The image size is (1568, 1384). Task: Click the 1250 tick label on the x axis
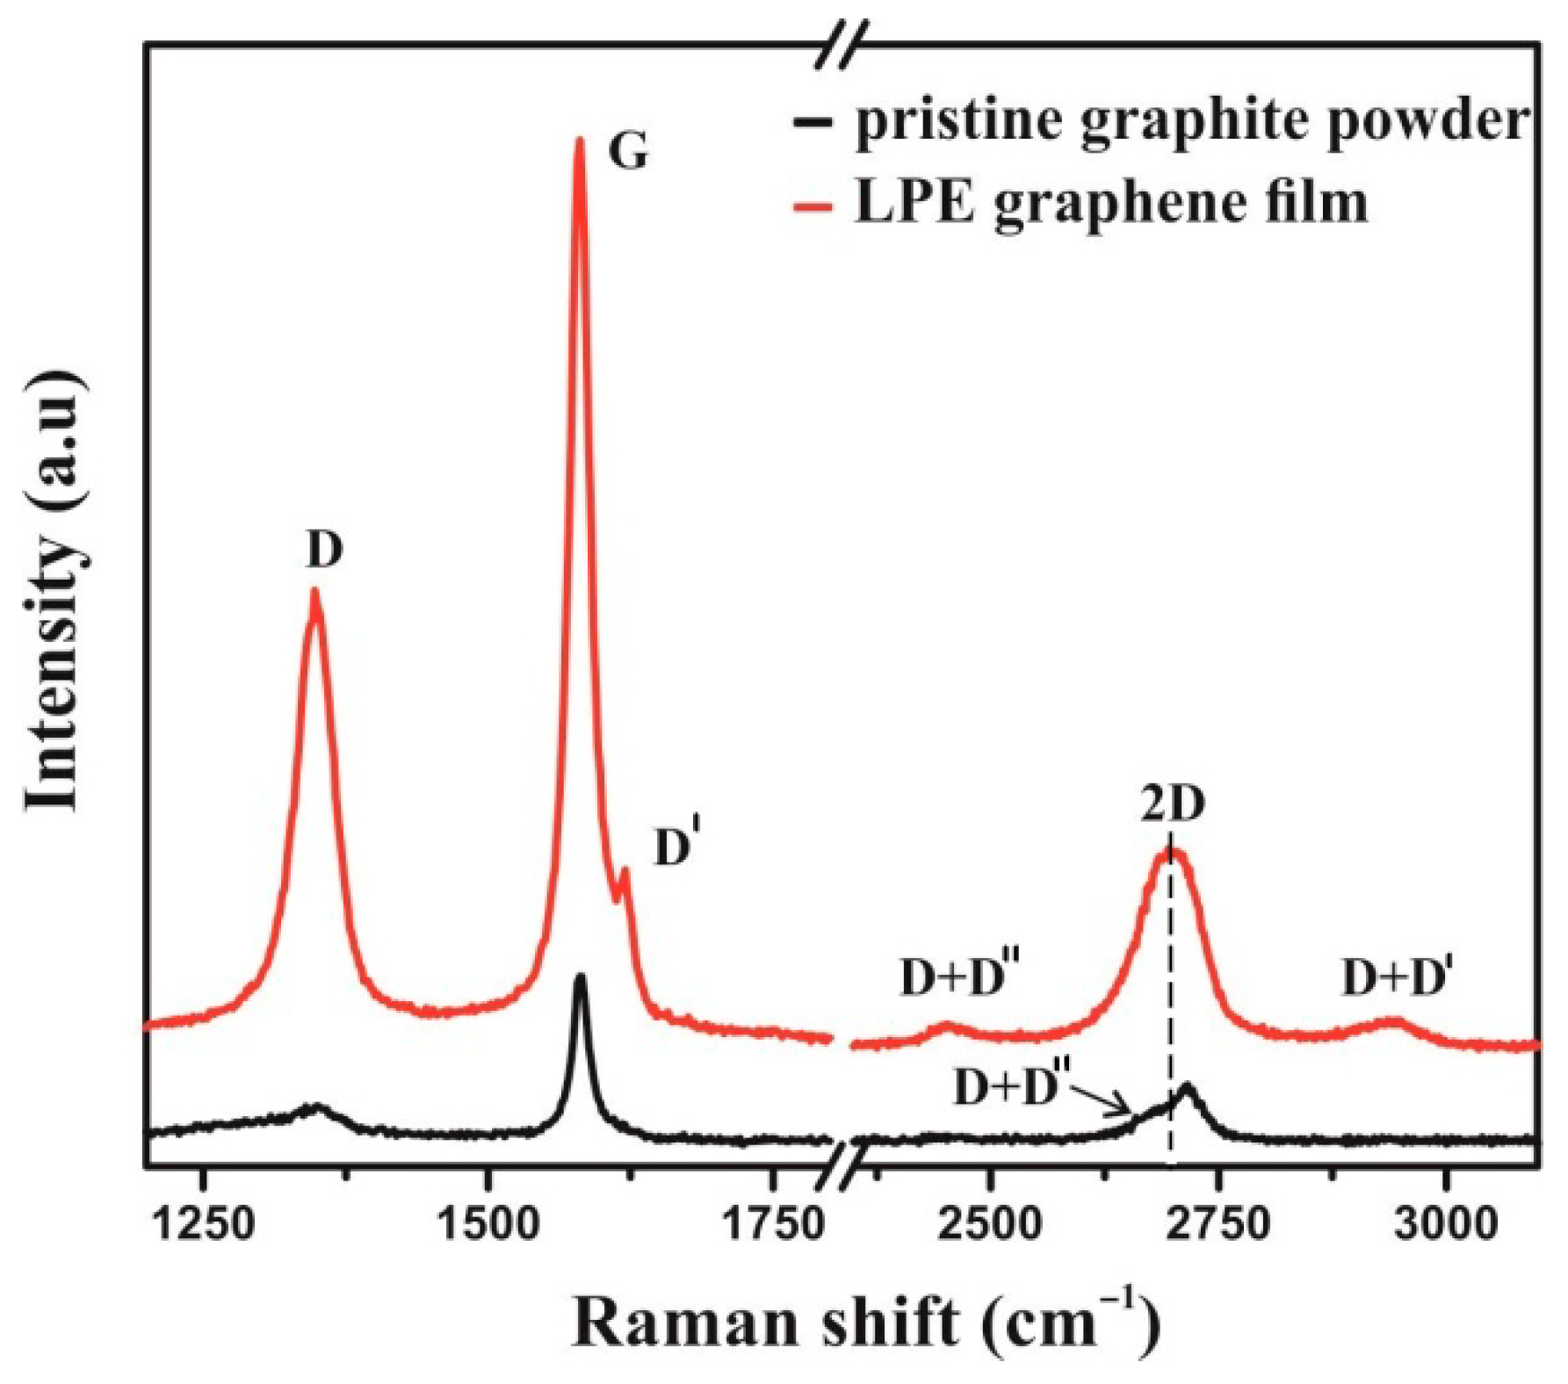click(204, 1222)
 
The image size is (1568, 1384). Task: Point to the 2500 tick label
click(991, 1222)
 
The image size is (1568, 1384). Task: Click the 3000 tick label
click(1445, 1222)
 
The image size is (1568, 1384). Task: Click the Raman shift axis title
click(865, 1323)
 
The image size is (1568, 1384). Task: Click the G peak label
click(629, 152)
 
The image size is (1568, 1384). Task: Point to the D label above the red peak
click(324, 551)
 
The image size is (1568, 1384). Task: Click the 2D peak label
click(1173, 804)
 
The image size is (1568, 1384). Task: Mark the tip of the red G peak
click(579, 141)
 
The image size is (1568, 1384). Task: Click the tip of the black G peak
click(580, 977)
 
